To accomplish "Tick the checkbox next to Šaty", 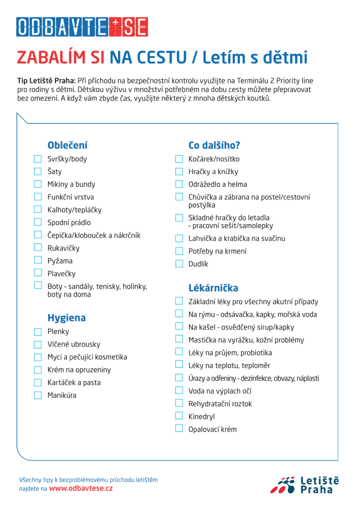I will point(38,172).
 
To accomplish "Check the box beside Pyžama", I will point(38,260).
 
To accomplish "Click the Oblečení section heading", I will point(67,145).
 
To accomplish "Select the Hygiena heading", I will point(66,318).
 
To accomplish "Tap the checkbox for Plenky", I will point(38,332).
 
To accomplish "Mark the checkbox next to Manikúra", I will point(38,395).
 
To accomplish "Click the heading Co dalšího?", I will point(214,145).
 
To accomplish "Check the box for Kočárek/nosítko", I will point(179,159).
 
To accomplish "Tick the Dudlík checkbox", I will point(179,264).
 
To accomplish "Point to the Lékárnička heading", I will point(213,288).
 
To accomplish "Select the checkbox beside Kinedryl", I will point(179,416).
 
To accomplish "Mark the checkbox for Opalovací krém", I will point(179,429).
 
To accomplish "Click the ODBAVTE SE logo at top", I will point(82,27).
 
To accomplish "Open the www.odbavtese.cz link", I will point(81,489).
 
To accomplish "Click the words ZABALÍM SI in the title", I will point(60,58).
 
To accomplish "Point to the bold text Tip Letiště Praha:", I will point(47,81).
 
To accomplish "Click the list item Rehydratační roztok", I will point(220,404).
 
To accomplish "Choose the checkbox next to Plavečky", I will point(38,273).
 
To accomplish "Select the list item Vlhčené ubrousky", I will point(74,344).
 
